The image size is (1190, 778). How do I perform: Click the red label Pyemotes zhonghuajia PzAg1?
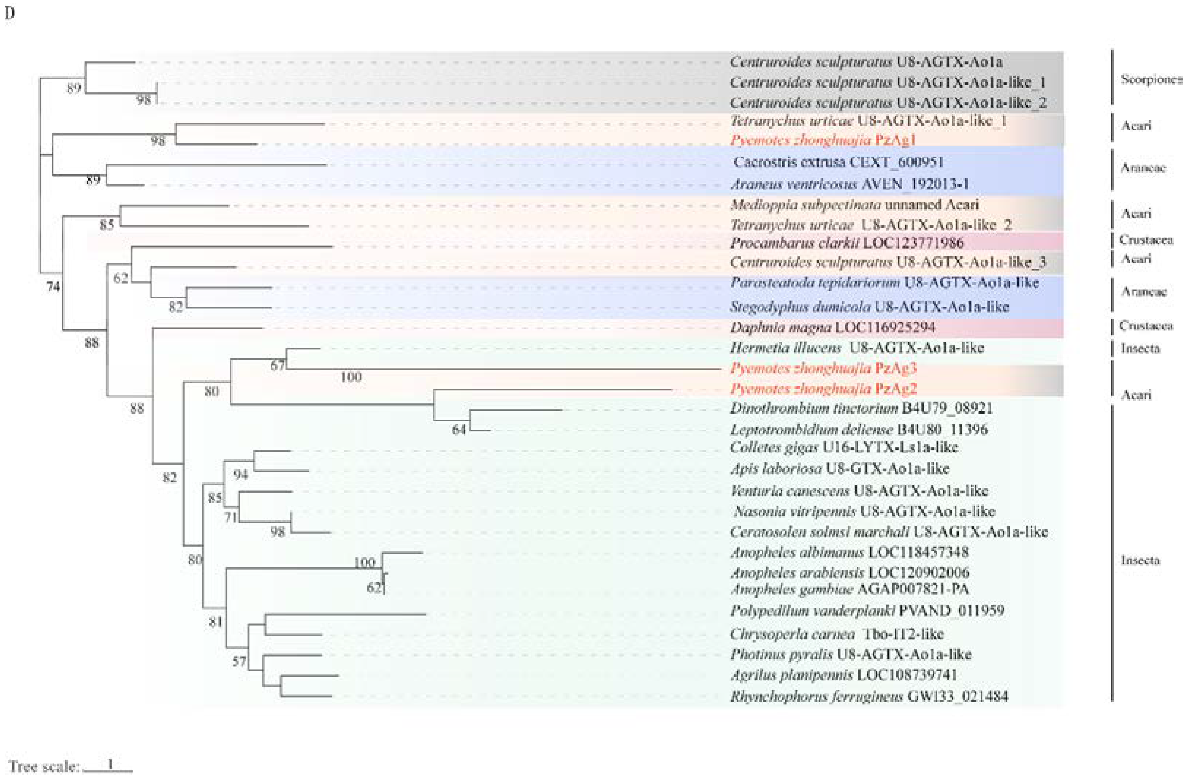pos(823,140)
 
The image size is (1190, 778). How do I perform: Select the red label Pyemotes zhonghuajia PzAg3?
pos(823,369)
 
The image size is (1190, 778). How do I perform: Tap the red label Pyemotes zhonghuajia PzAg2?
pos(823,389)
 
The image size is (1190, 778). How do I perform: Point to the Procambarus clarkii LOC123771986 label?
pos(846,243)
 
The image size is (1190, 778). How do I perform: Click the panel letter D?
pos(9,14)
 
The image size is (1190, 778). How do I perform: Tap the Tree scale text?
pos(44,766)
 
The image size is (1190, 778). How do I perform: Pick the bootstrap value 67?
pos(277,365)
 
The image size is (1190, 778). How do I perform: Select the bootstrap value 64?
pos(458,429)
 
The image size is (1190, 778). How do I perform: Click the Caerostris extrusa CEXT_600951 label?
pos(838,162)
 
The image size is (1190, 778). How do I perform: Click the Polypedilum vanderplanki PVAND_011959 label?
pos(866,610)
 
